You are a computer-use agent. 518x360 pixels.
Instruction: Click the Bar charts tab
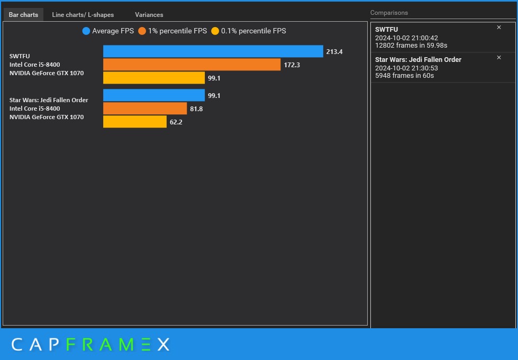coord(23,15)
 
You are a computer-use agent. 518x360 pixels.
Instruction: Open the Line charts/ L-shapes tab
coord(83,15)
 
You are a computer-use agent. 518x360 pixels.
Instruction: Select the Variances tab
coord(149,15)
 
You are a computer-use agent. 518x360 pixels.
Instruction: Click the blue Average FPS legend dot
coord(86,31)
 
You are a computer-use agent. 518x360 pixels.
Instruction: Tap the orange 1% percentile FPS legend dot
coord(142,31)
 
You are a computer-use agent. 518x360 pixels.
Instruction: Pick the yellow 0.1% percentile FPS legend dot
coord(215,31)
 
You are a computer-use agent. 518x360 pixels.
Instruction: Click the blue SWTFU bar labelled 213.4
coord(213,51)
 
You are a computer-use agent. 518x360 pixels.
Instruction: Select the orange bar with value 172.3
coord(192,65)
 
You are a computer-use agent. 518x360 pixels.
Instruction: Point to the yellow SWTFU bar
coord(153,78)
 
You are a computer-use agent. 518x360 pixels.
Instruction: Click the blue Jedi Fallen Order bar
coord(153,95)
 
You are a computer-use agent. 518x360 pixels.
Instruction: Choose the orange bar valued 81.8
coord(145,109)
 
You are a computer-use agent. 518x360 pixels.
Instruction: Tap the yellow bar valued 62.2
coord(134,122)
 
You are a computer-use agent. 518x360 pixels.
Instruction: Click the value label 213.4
coord(334,52)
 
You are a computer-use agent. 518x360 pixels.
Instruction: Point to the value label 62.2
coord(176,122)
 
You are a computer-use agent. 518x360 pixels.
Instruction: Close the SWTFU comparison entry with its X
coord(499,28)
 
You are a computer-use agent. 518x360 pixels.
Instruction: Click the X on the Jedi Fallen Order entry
coord(499,58)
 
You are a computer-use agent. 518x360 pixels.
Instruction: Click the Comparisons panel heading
coord(389,13)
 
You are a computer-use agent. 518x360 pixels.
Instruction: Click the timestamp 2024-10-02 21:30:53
coord(406,68)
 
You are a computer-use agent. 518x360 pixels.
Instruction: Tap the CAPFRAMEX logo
coord(90,345)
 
